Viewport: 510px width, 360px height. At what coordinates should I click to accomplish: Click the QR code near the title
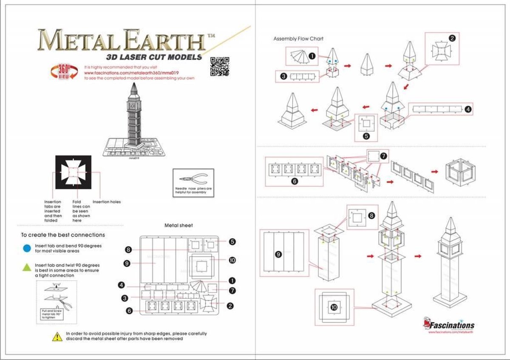220,66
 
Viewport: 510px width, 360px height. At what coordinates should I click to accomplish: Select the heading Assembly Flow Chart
298,39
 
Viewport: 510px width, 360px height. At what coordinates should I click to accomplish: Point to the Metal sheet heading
178,225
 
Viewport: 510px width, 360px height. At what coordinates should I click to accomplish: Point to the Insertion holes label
106,202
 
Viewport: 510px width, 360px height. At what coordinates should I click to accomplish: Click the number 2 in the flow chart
453,38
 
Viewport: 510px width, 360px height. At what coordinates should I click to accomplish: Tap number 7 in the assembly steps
383,156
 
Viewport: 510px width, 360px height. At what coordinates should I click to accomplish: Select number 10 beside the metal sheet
232,260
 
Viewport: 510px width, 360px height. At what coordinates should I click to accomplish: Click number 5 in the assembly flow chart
366,137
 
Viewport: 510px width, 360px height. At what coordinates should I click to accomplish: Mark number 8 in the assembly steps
371,216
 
